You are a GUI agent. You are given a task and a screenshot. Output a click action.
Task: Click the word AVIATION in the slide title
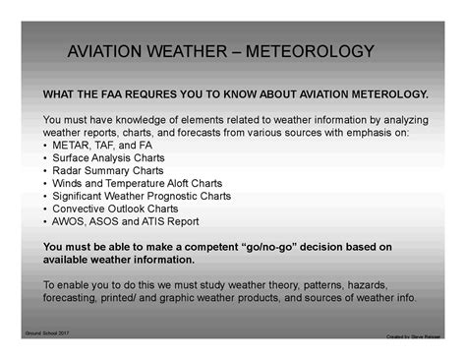[x=110, y=51]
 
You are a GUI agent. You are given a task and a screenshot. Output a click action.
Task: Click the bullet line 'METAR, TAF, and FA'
[x=97, y=145]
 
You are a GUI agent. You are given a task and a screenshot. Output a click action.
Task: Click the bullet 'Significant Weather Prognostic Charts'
[x=142, y=196]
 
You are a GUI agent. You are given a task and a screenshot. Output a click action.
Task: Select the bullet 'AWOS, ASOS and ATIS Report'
[x=125, y=221]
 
